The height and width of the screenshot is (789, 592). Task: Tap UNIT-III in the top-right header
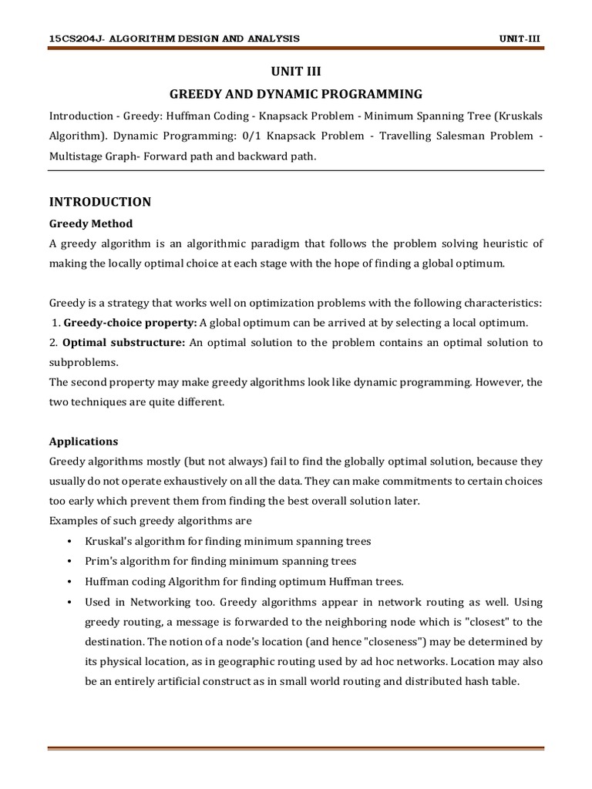pyautogui.click(x=521, y=39)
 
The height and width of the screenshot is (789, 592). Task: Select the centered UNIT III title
pyautogui.click(x=296, y=72)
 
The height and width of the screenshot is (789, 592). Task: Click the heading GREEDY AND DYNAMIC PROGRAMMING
pyautogui.click(x=296, y=94)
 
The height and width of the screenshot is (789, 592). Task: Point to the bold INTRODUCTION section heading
pyautogui.click(x=100, y=202)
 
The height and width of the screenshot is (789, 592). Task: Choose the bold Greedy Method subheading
pyautogui.click(x=91, y=223)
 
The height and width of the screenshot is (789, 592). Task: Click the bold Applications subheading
pyautogui.click(x=83, y=442)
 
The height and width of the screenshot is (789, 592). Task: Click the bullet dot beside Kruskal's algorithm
pyautogui.click(x=69, y=542)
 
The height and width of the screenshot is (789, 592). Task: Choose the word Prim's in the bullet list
pyautogui.click(x=103, y=561)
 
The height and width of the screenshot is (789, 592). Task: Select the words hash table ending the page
pyautogui.click(x=493, y=680)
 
